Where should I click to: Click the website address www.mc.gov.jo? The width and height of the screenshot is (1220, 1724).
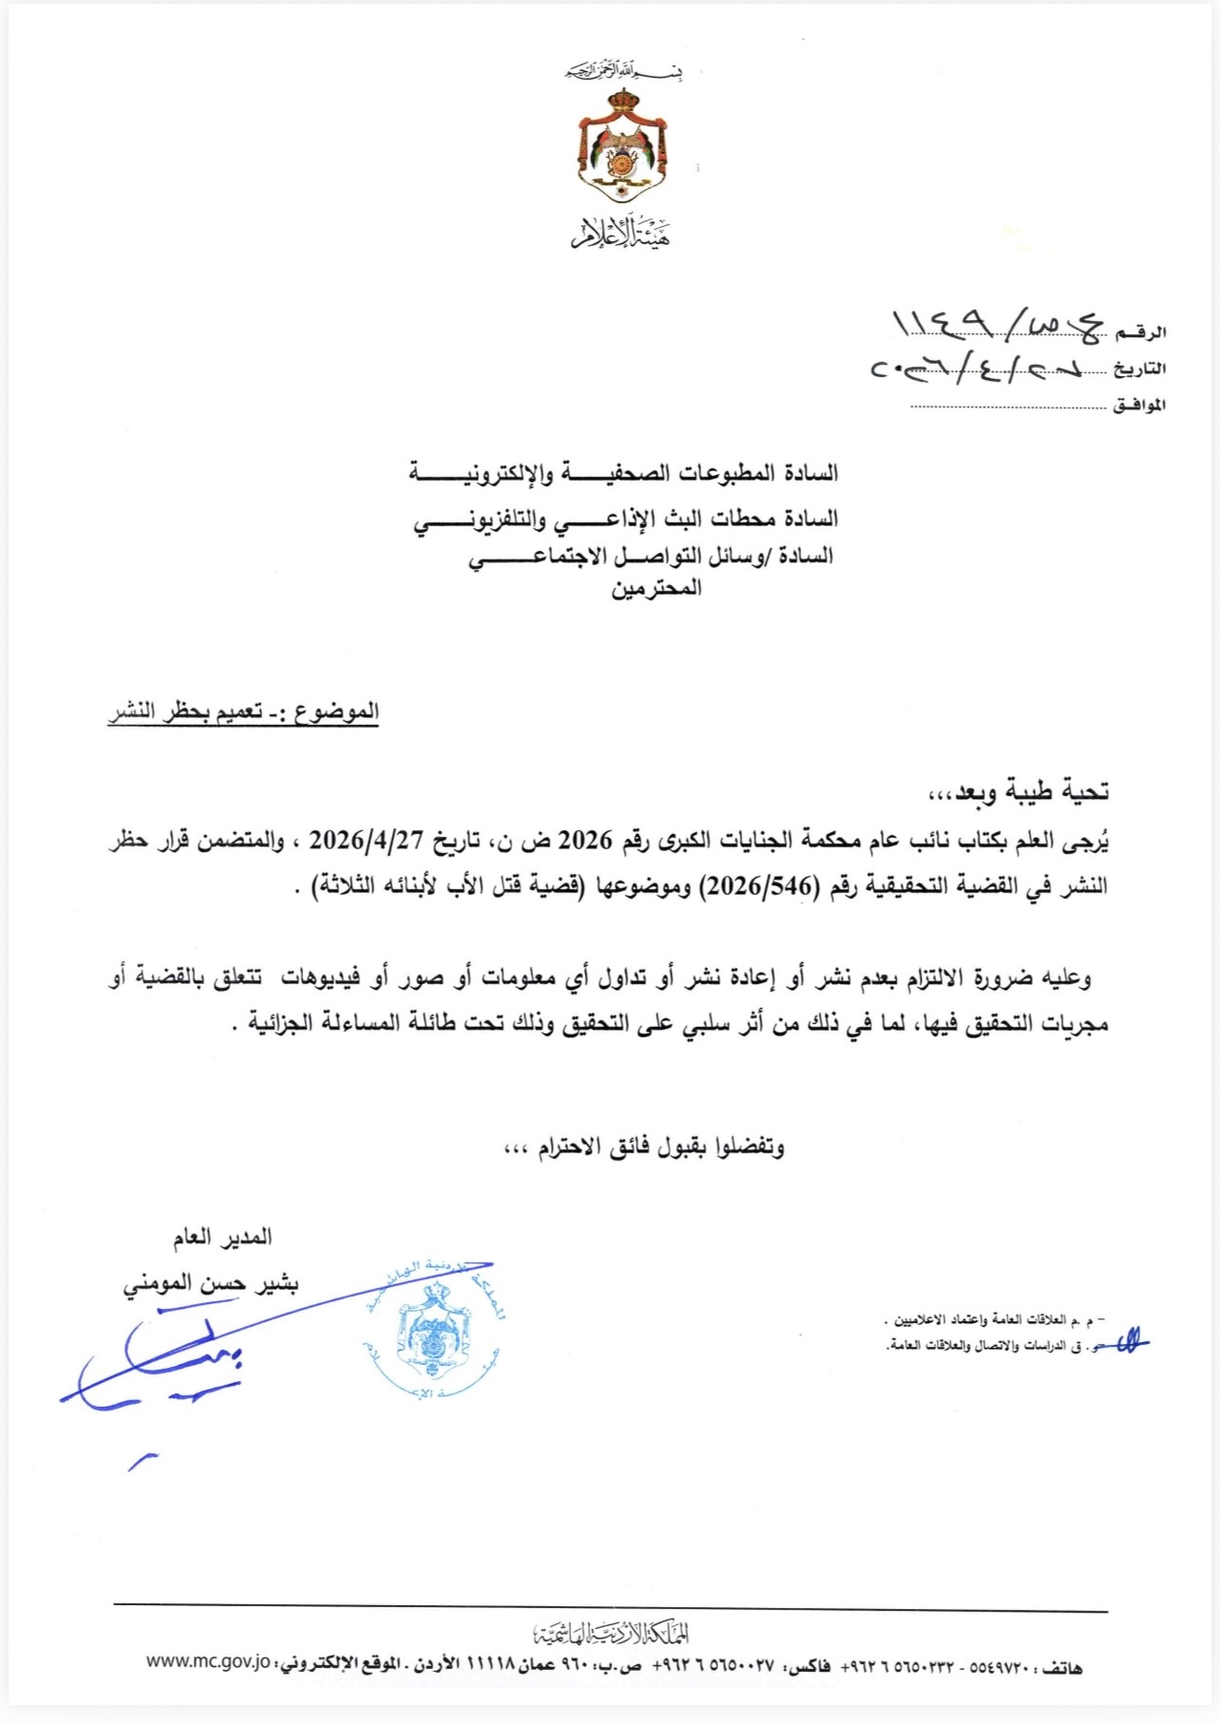tap(208, 1662)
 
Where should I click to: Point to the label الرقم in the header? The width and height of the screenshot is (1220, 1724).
tap(1140, 332)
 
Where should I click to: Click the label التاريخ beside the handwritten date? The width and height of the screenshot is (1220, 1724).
tap(1140, 369)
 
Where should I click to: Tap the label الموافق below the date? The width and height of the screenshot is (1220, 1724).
tap(1139, 406)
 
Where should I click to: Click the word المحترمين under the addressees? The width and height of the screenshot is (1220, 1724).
tap(656, 589)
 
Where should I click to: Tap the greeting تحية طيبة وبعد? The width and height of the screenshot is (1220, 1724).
tap(1017, 791)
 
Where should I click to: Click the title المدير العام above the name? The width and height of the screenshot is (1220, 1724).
tap(222, 1237)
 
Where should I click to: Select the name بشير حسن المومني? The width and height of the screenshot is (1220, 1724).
tap(211, 1284)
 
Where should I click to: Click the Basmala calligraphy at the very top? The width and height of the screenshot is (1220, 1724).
tap(623, 71)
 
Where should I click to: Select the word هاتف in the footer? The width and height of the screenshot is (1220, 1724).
tap(1061, 1668)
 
